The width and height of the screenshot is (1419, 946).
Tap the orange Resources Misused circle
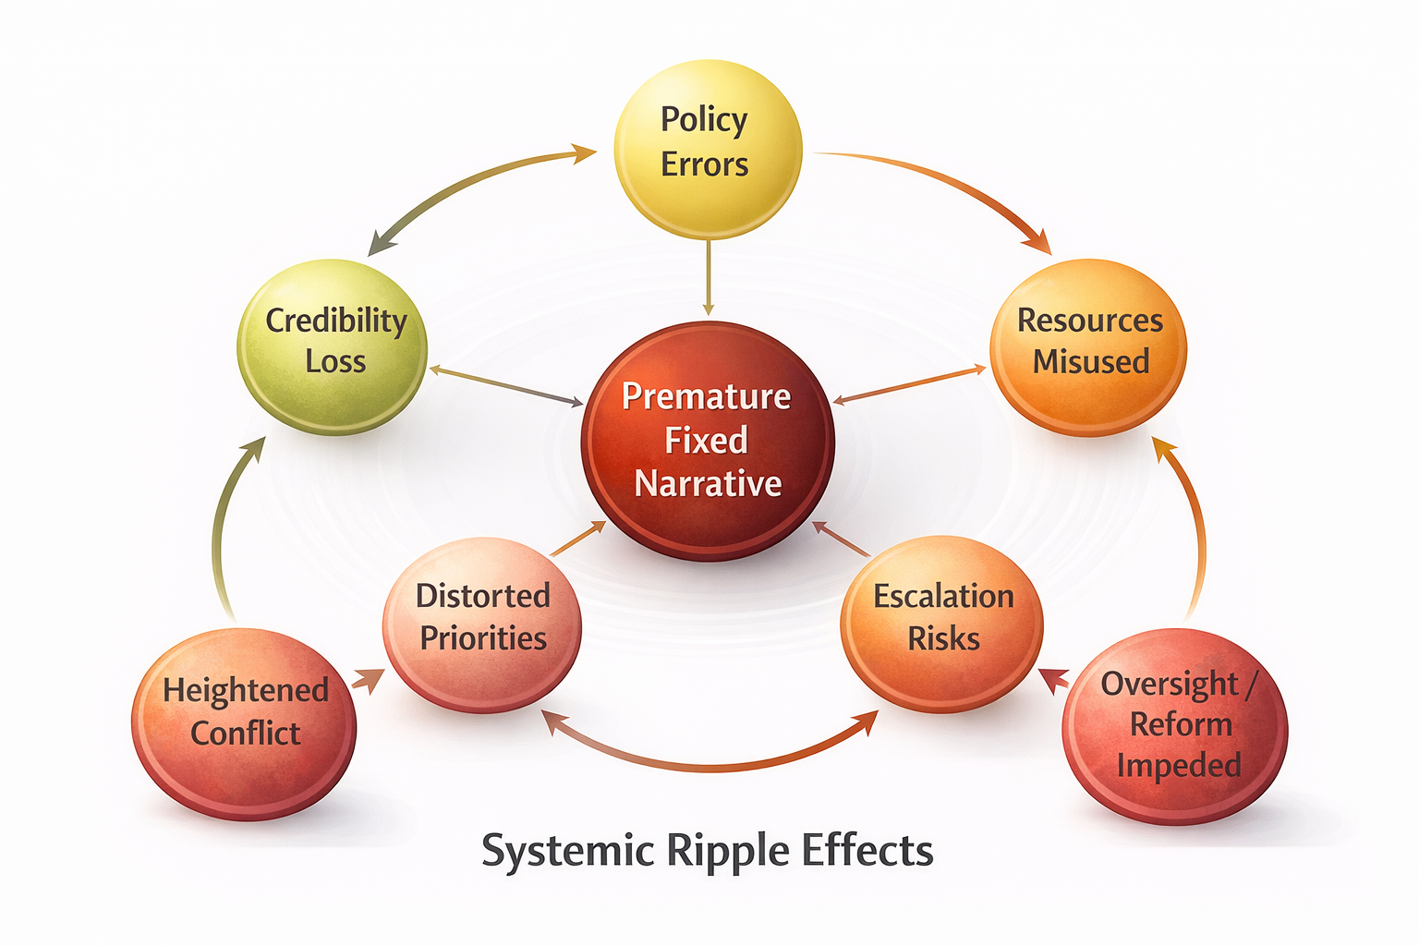1088,346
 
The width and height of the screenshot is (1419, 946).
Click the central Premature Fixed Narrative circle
708,441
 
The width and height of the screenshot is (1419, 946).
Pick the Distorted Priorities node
482,625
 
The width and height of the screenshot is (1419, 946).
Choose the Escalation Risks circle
942,625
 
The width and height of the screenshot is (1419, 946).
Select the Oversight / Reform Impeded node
1175,725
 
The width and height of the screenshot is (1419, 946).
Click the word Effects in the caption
867,851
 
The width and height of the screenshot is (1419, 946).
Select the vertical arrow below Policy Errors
709,277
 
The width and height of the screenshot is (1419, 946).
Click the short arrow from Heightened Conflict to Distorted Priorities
367,682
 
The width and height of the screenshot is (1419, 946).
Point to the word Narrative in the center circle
708,484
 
